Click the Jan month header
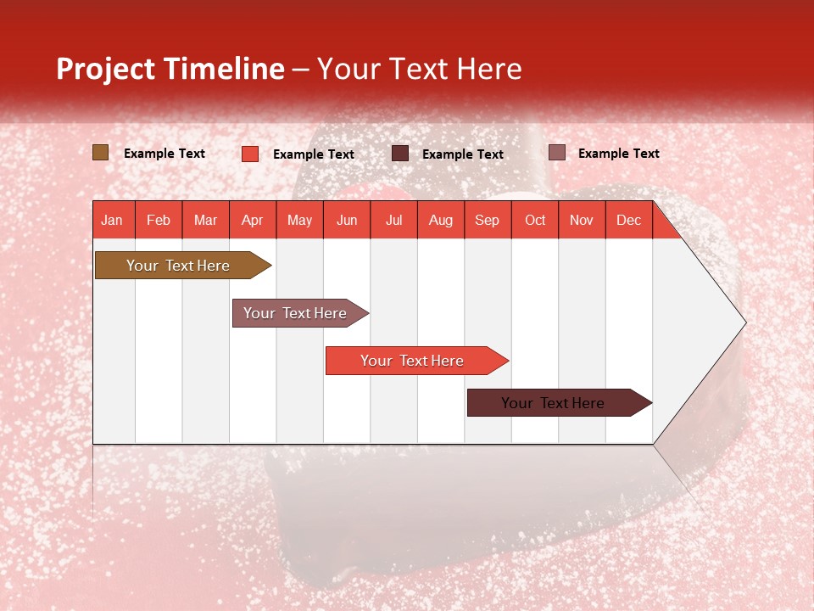click(112, 220)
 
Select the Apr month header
click(252, 220)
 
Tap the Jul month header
click(393, 220)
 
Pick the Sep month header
click(487, 220)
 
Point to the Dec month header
click(628, 220)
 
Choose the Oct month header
click(535, 220)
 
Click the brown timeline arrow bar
click(178, 266)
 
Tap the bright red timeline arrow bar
click(413, 361)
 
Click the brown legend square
click(100, 153)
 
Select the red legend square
click(249, 154)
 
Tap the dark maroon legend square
click(399, 153)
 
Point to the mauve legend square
click(556, 153)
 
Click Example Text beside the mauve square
click(618, 154)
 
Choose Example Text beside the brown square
click(164, 154)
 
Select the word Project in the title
click(106, 69)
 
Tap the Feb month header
click(159, 220)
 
